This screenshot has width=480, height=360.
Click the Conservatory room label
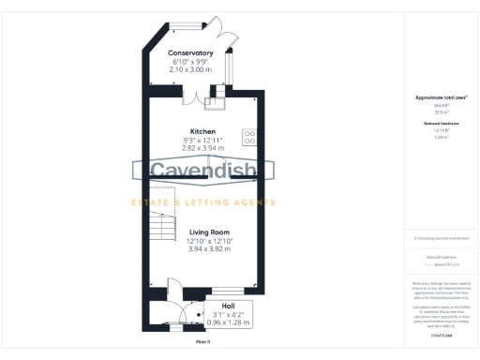(190, 53)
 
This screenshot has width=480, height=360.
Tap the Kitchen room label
(203, 131)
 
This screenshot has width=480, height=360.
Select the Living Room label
(210, 232)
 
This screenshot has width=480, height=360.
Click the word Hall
(228, 306)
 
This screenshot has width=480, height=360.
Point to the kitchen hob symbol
(250, 137)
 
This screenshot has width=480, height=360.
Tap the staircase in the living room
(162, 226)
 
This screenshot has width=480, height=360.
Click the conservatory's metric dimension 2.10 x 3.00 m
(190, 70)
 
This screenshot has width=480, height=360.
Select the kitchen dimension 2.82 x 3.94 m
(203, 148)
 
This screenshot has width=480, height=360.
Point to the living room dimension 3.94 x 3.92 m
(210, 249)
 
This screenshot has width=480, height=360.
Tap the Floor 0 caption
(202, 342)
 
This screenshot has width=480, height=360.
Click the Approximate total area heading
(440, 97)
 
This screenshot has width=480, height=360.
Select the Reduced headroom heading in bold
(440, 122)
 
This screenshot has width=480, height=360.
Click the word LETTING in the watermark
(217, 202)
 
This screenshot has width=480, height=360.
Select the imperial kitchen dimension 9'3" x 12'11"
(203, 140)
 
